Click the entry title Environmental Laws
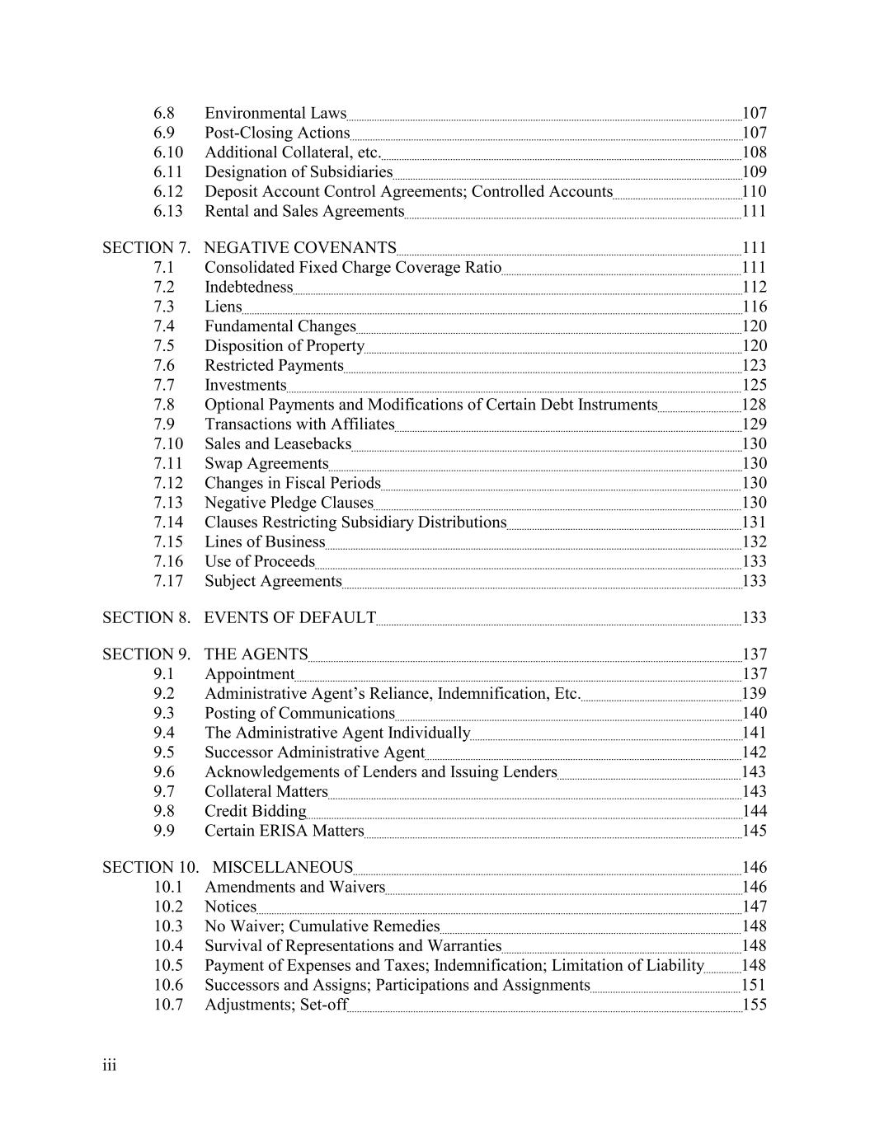click(275, 113)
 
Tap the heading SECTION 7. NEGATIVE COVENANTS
click(249, 248)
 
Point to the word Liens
click(223, 307)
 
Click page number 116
click(754, 307)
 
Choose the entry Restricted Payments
click(274, 365)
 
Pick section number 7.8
click(164, 405)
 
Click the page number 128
click(754, 405)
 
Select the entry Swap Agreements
click(266, 463)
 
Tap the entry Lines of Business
click(265, 541)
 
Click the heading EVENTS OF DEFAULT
click(289, 618)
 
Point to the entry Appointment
click(249, 674)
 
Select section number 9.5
click(164, 752)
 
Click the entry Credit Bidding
click(255, 811)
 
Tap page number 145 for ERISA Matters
click(754, 831)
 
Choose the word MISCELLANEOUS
click(282, 868)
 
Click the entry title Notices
click(230, 907)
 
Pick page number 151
click(754, 985)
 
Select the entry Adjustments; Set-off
click(276, 1005)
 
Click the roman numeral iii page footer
click(110, 1066)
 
